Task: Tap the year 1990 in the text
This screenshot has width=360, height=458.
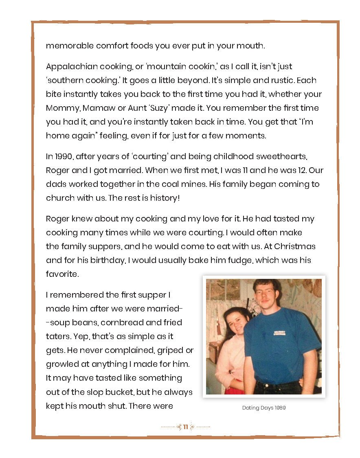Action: click(x=59, y=156)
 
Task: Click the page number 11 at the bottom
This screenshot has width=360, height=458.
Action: click(x=185, y=427)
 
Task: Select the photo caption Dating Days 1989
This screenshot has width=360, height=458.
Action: click(x=263, y=408)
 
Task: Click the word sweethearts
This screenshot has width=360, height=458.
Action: click(x=299, y=156)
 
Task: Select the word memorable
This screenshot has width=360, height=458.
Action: click(x=69, y=46)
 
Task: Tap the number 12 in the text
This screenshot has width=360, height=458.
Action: click(x=308, y=170)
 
